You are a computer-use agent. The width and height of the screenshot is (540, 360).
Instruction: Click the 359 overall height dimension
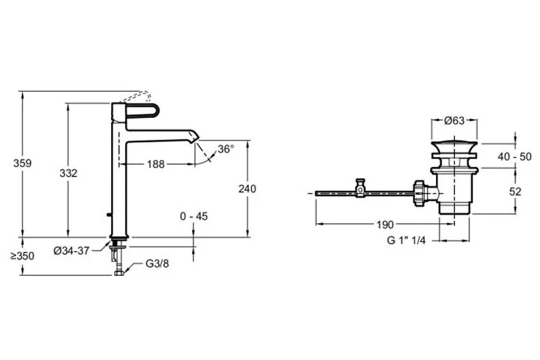tap(22, 163)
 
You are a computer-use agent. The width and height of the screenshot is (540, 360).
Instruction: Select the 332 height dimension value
tap(68, 173)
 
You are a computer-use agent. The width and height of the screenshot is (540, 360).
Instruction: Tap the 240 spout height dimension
tap(247, 189)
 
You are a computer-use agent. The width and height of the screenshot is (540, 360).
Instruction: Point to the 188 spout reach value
tap(156, 164)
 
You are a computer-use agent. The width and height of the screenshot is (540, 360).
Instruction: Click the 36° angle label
tap(226, 149)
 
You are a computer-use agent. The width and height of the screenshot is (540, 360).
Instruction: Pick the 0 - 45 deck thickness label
tap(194, 216)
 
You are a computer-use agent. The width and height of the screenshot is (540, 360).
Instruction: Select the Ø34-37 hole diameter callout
tap(72, 251)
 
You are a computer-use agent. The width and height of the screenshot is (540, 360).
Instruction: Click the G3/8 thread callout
tap(157, 264)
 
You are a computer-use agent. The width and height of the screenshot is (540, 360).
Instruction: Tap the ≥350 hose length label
tap(22, 256)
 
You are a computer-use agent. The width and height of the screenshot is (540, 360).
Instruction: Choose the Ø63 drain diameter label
tap(454, 121)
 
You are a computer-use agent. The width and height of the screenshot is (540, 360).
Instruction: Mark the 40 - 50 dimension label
tap(514, 157)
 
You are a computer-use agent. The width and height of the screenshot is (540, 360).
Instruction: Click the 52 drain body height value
tap(515, 192)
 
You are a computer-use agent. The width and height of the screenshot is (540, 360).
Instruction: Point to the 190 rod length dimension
tap(385, 225)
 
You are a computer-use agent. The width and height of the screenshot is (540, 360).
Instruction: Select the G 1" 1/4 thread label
tap(406, 240)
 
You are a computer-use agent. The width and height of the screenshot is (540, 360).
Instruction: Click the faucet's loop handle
tap(142, 111)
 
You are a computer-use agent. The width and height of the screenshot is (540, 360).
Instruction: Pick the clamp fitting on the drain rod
tap(360, 188)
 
